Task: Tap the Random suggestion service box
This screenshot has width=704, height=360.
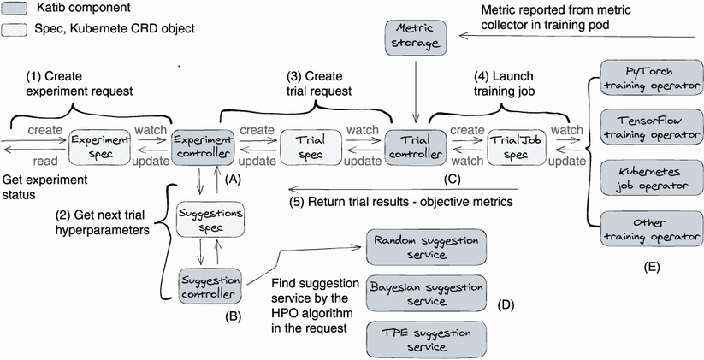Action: pos(424,246)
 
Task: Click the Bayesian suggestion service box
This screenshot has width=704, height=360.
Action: pos(424,293)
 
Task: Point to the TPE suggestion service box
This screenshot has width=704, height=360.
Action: pos(424,339)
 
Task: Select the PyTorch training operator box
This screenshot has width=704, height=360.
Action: pos(647,77)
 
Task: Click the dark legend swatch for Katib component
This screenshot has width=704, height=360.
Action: pos(17,9)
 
